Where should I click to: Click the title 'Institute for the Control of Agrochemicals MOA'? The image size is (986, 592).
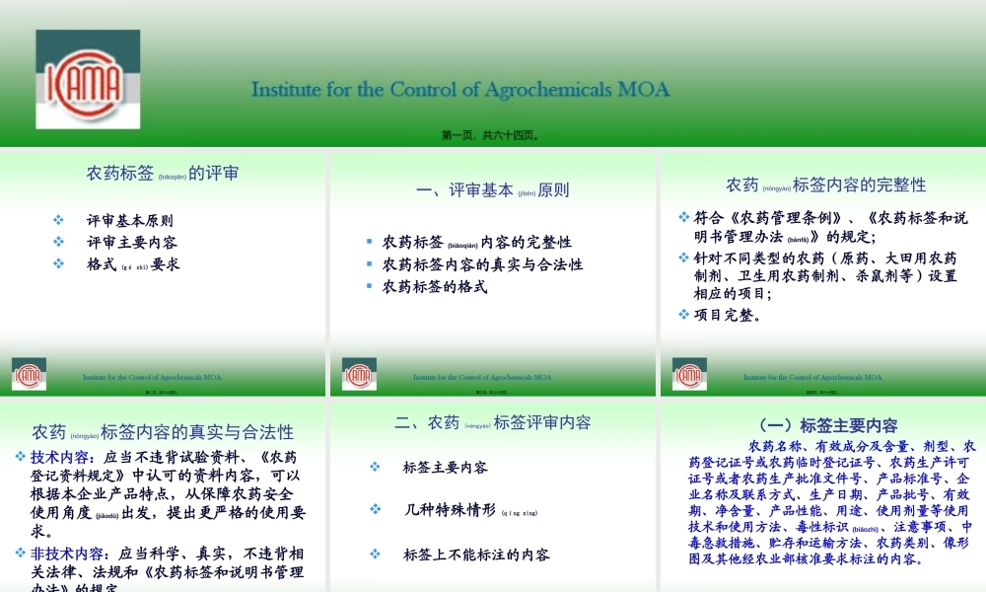tap(460, 90)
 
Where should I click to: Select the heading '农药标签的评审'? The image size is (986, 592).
tap(163, 174)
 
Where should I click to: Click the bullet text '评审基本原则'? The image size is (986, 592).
tap(129, 220)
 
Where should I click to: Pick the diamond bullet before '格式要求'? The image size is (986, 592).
tap(59, 263)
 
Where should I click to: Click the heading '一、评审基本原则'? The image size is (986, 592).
tap(492, 190)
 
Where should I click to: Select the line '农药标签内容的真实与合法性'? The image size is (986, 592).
tap(482, 264)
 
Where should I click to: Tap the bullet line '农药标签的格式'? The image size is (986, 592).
tap(435, 287)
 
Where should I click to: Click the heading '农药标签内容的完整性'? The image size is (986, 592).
tap(825, 185)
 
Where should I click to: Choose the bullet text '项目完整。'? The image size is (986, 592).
tap(728, 315)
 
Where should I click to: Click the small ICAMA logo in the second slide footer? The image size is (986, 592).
tap(29, 374)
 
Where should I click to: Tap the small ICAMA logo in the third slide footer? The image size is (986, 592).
tap(359, 374)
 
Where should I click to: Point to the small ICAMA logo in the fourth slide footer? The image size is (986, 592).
tap(689, 374)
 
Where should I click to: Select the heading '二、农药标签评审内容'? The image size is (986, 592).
tap(492, 422)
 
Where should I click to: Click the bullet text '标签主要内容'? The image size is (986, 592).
tap(446, 467)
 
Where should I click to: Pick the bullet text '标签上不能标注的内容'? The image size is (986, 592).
tap(476, 555)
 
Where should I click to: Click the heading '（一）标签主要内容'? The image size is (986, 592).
tap(824, 425)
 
